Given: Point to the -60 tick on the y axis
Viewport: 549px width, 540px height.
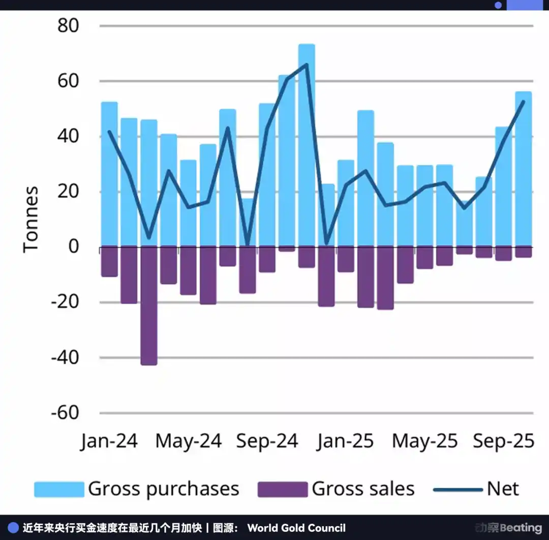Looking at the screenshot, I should (65, 412).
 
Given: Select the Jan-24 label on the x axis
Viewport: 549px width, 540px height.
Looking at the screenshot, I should (109, 441).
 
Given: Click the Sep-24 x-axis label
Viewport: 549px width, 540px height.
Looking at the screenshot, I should (267, 441).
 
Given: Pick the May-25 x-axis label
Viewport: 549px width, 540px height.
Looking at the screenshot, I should (424, 441).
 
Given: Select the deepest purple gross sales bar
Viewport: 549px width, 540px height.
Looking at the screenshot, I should (149, 306).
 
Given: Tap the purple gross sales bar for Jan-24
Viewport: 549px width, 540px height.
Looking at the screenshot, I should (109, 262).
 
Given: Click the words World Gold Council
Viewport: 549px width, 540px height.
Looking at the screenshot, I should (296, 528).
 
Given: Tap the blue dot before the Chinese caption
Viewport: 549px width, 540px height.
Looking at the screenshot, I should (14, 528).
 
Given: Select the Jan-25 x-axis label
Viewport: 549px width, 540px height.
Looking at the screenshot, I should (346, 441).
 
